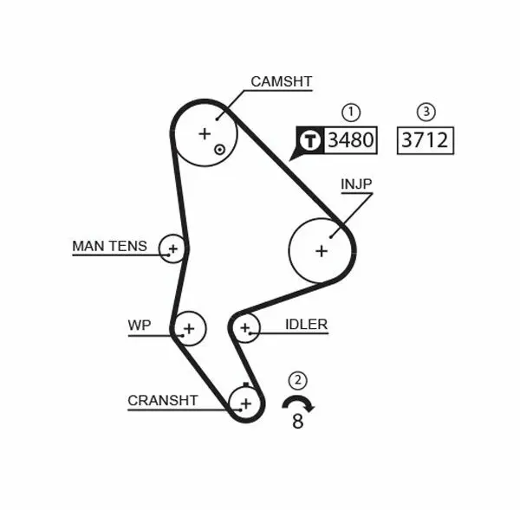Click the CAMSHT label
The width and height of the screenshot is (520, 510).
[x=281, y=81]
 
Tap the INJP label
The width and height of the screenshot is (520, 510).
[x=356, y=184]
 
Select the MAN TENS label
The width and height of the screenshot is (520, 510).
[x=109, y=246]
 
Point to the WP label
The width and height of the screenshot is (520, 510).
[x=139, y=325]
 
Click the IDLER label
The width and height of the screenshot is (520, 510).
[x=306, y=325]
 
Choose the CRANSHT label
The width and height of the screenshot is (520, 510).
[x=163, y=400]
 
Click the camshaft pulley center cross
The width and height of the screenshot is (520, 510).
[x=205, y=133]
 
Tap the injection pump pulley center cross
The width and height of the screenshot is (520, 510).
[x=322, y=250]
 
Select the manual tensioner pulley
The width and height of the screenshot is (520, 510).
[x=172, y=249]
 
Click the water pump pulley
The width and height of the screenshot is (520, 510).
[x=189, y=327]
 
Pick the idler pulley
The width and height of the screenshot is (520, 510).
[x=246, y=327]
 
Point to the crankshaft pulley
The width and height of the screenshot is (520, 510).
[x=245, y=403]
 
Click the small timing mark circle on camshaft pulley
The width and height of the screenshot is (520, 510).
[x=220, y=149]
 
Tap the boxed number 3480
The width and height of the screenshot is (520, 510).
[x=351, y=139]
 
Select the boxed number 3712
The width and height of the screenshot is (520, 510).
[x=425, y=139]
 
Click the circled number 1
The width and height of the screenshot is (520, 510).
[x=350, y=111]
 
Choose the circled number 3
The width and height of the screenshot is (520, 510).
[x=425, y=111]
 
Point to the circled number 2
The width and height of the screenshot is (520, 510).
[x=298, y=379]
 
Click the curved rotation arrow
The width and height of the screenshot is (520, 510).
[x=298, y=402]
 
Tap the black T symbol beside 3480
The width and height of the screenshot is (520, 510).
[x=309, y=140]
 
